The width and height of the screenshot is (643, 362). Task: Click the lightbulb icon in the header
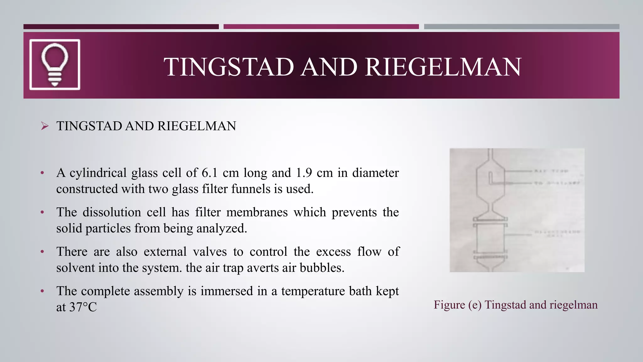click(x=55, y=64)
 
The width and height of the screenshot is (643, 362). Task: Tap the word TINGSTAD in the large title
click(x=229, y=67)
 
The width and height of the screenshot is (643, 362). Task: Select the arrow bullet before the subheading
click(x=45, y=126)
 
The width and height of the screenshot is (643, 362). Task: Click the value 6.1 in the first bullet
click(x=209, y=173)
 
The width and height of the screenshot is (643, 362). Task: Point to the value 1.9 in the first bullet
click(x=303, y=173)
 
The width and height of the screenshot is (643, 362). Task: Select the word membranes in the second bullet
click(x=257, y=212)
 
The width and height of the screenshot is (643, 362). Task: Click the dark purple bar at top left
click(x=121, y=27)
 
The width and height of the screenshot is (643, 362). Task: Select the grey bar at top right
click(x=521, y=27)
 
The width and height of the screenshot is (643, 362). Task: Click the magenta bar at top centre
click(x=321, y=27)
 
